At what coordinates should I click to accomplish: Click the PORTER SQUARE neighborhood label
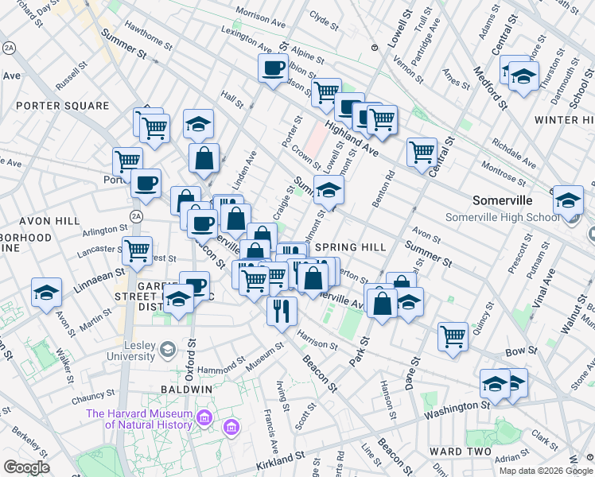pos(62,106)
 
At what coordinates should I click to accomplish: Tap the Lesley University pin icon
pos(168,348)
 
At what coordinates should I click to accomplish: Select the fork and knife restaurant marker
pos(282,309)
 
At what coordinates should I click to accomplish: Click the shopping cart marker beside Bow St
pos(453,335)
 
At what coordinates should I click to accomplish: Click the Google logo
pos(26,467)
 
